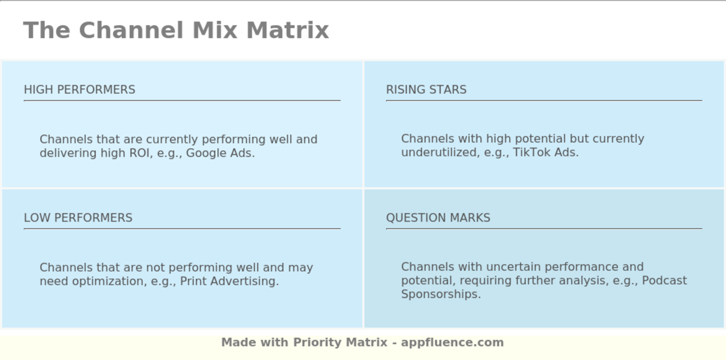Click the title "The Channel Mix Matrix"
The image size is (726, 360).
tap(176, 30)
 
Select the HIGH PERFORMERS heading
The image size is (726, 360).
tap(79, 90)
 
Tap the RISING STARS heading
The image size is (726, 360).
tap(426, 90)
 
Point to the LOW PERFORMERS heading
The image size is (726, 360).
tap(78, 218)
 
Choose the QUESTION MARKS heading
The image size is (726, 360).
tap(438, 218)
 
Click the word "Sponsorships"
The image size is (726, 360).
tap(440, 294)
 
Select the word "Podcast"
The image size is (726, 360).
tap(664, 281)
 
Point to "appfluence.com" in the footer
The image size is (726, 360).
tap(452, 342)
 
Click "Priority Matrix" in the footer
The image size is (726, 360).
tap(340, 342)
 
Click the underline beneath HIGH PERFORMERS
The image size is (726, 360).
tap(182, 100)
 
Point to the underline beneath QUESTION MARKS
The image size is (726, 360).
tap(544, 228)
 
